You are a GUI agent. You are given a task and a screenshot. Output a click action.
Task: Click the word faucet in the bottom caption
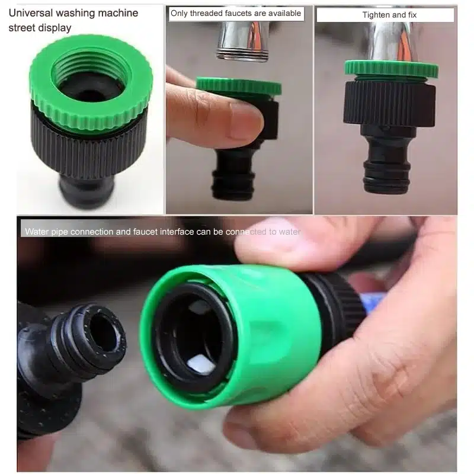click(x=145, y=232)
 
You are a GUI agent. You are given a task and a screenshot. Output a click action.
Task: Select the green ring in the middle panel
click(x=239, y=86)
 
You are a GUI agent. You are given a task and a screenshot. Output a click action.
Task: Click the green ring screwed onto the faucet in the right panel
click(x=392, y=69)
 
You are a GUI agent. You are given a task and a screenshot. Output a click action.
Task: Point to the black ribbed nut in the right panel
click(x=389, y=103)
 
